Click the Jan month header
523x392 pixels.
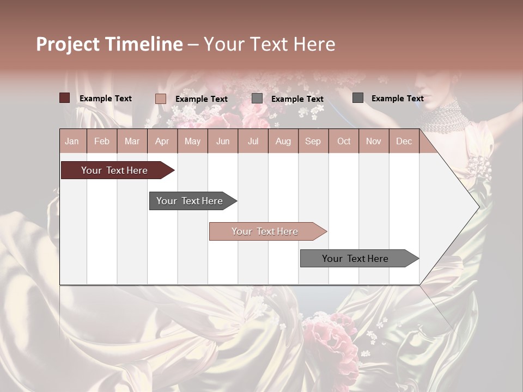coord(72,141)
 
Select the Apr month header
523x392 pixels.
coord(162,141)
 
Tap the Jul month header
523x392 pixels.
coord(253,141)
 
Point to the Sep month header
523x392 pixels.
coord(313,141)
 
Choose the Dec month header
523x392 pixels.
coord(404,141)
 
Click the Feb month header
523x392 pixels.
coord(102,141)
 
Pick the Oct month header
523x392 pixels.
coord(344,141)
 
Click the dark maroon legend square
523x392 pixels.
coord(65,98)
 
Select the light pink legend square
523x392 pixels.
coord(161,99)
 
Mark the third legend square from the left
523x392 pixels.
coord(257,99)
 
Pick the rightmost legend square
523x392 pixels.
coord(358,98)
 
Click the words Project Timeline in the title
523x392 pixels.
coord(110,44)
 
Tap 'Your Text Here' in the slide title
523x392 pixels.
coord(269,44)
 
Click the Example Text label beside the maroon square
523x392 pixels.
coord(106,99)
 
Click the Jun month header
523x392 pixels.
coord(223,141)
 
